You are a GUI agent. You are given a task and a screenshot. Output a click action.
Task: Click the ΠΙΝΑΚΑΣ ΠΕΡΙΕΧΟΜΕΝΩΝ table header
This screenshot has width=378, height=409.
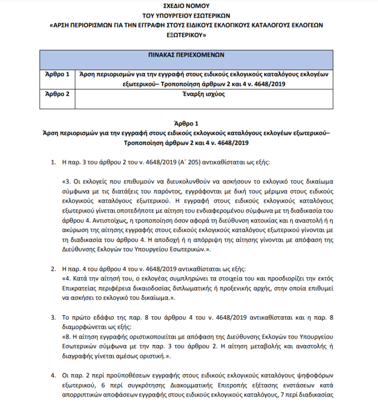tap(186, 55)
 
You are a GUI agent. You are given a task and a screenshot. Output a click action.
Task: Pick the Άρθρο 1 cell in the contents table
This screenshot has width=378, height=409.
tap(57, 74)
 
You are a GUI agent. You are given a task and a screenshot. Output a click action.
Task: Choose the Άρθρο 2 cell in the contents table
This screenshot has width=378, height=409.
tap(57, 93)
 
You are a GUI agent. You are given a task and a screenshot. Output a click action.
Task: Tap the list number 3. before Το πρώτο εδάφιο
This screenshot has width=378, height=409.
tap(54, 318)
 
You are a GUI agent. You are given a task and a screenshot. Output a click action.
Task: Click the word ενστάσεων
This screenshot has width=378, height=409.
tap(303, 385)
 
